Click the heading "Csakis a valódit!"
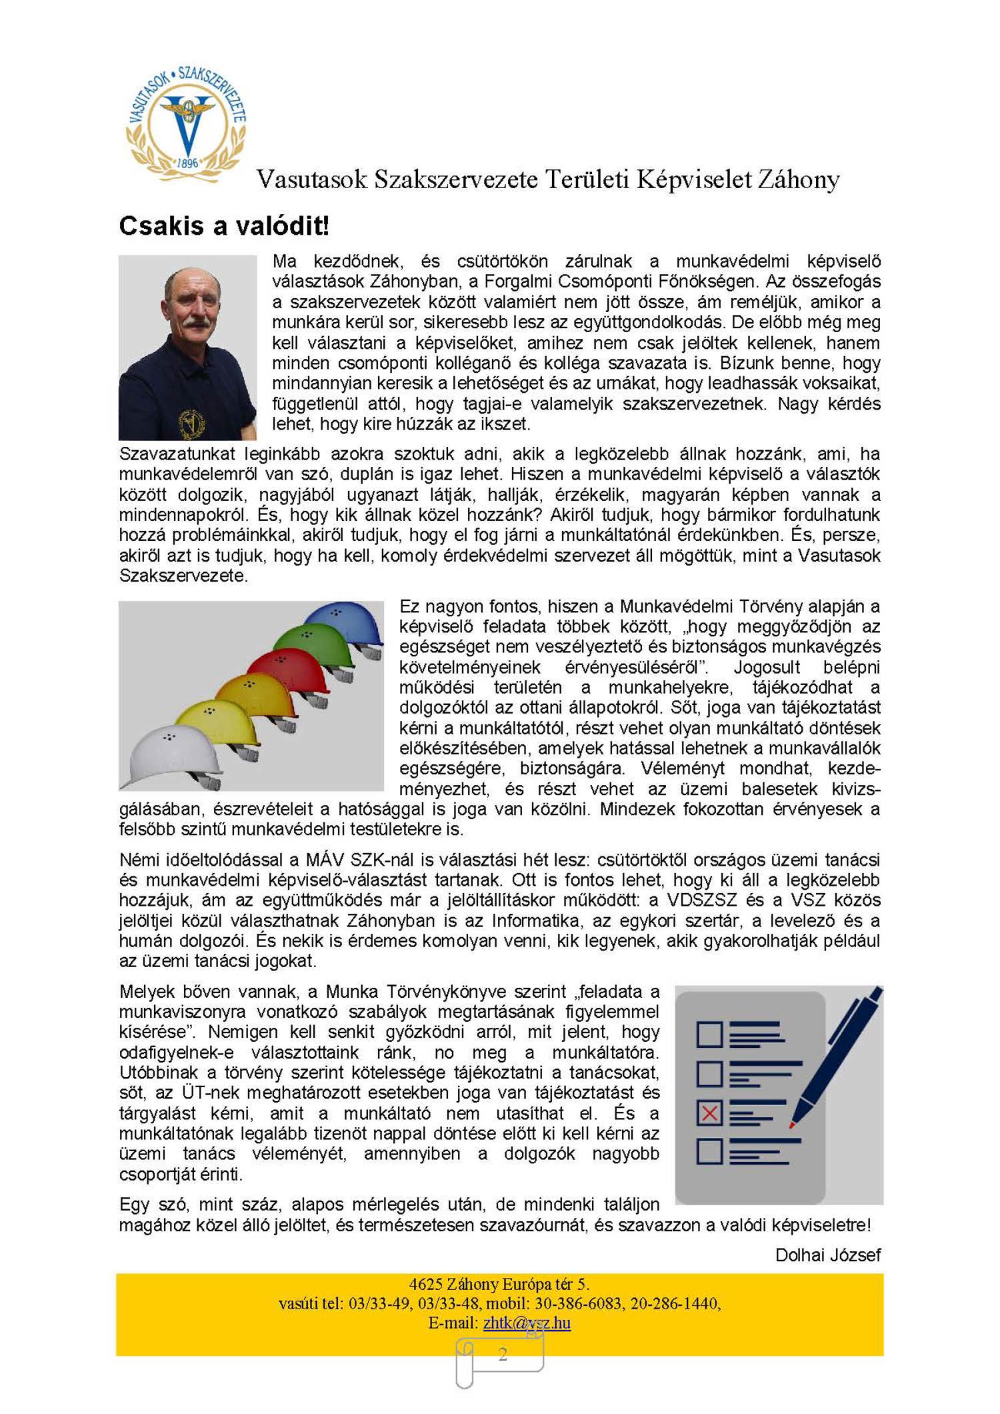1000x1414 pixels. (x=224, y=226)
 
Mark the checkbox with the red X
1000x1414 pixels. (x=709, y=1113)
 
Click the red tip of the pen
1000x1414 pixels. (x=793, y=1125)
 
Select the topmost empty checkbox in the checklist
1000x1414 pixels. (x=709, y=1034)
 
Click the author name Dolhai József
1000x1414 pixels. (x=827, y=1255)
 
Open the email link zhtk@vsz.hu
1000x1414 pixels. (x=527, y=1322)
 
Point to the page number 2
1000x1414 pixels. (x=503, y=1353)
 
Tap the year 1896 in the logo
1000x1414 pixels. (x=187, y=163)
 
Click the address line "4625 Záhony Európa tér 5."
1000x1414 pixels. (x=499, y=1283)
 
